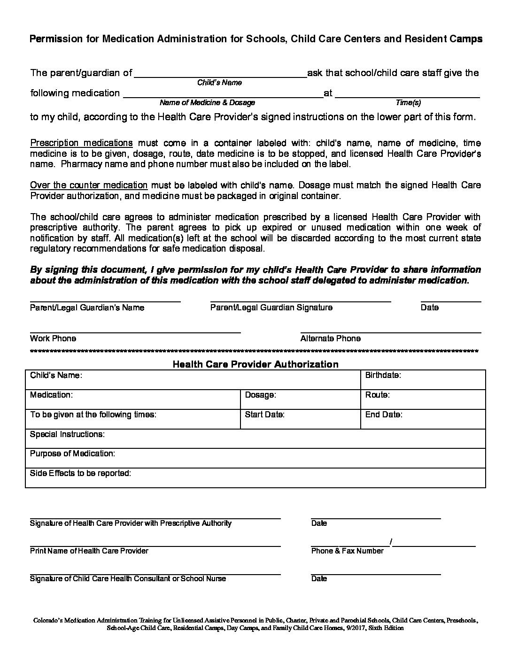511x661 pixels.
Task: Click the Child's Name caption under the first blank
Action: (219, 83)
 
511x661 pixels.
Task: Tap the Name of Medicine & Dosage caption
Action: (207, 102)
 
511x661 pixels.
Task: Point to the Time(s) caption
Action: (408, 102)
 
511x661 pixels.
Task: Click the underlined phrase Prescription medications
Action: (81, 143)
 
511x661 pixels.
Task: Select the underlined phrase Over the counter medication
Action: (89, 185)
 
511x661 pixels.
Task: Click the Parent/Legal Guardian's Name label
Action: (87, 307)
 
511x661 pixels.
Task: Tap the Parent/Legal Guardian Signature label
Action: (271, 307)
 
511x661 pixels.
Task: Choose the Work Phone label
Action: (53, 338)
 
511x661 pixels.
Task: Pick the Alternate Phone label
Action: (330, 338)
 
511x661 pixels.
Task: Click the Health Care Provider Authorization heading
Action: (255, 364)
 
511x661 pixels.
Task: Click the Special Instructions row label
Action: (67, 434)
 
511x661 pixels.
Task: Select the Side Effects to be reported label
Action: (80, 473)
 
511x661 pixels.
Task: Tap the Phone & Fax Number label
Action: (347, 551)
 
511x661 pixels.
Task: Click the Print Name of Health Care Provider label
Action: (89, 551)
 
